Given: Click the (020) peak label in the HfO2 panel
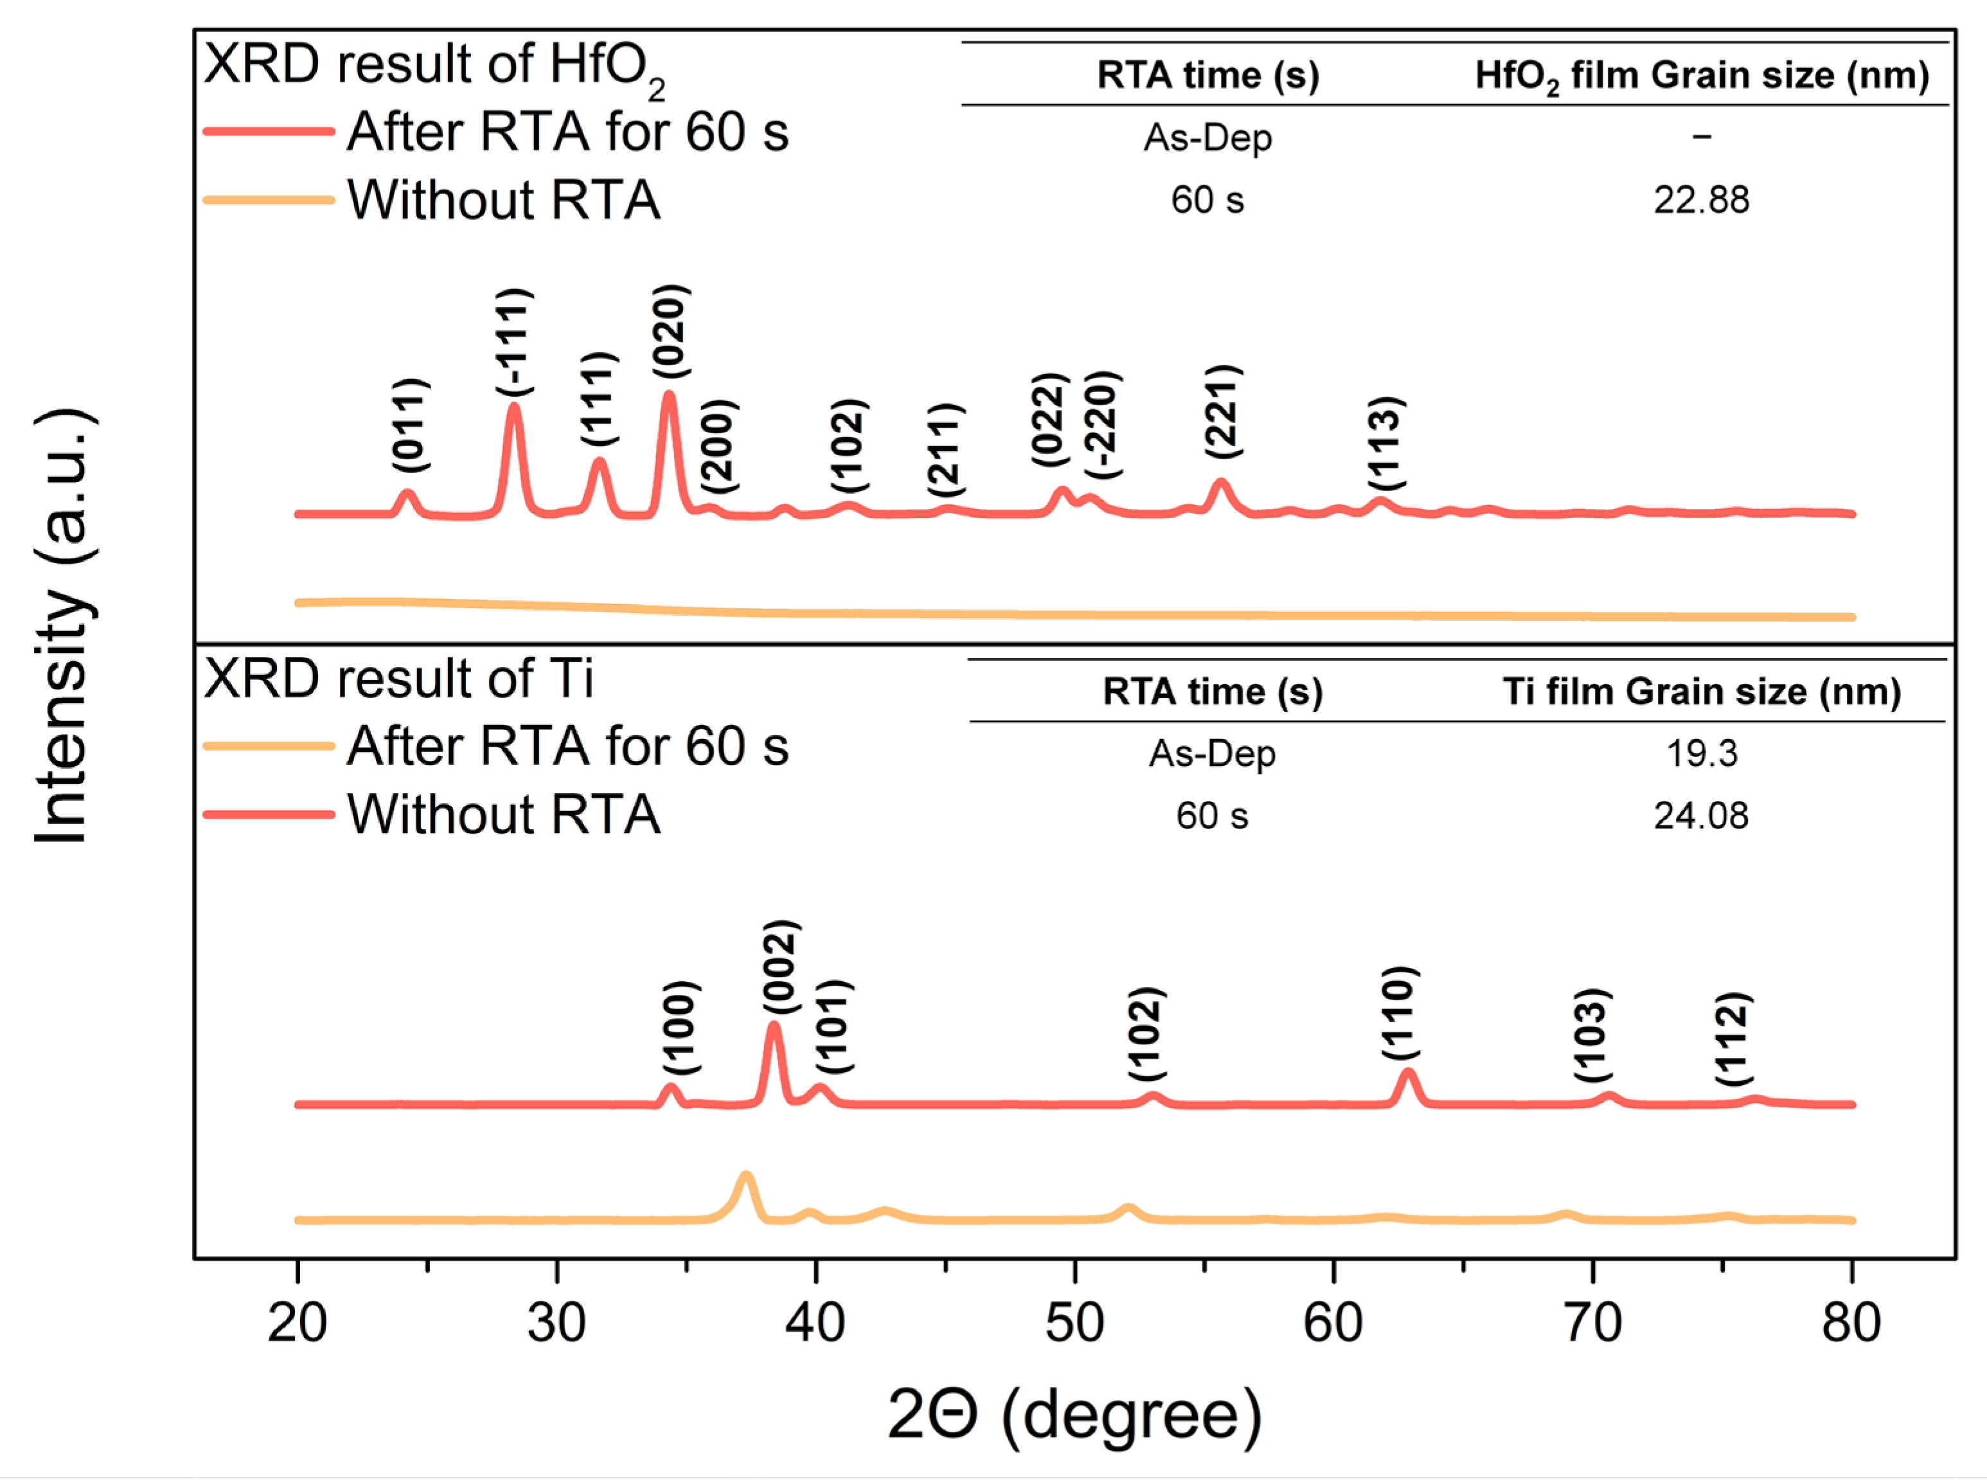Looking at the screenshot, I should click(x=671, y=332).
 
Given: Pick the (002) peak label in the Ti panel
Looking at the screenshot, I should click(x=780, y=967).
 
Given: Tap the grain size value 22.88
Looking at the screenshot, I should click(x=1701, y=199).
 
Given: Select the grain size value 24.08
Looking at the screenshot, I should click(x=1701, y=816).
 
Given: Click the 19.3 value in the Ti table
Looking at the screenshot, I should click(x=1701, y=753).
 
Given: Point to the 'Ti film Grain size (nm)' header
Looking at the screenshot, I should click(x=1701, y=692).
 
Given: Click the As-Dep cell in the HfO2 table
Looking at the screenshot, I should click(x=1207, y=138).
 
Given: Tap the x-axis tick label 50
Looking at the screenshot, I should click(x=1074, y=1323).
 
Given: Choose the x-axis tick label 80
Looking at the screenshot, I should click(x=1851, y=1323).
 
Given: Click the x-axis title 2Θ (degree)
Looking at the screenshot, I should click(x=1074, y=1415).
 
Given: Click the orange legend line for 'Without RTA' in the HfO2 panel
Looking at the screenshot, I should click(x=269, y=199).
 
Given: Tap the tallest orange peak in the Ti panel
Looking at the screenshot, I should click(x=745, y=1177).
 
